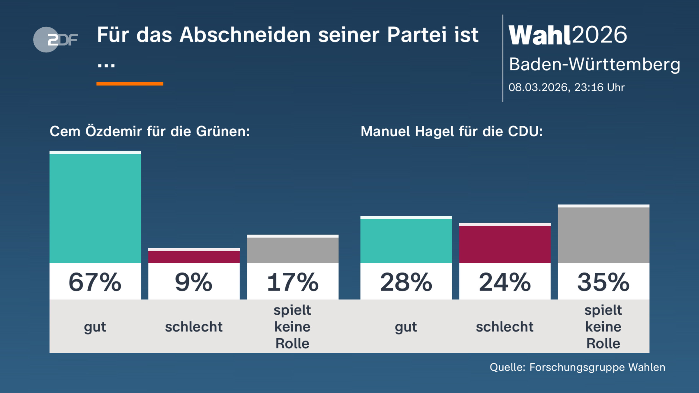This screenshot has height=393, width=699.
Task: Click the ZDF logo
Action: tap(55, 40)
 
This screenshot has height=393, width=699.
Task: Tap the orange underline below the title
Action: tap(130, 84)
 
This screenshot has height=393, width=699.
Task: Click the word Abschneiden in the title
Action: tap(245, 35)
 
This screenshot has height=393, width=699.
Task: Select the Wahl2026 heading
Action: tap(567, 35)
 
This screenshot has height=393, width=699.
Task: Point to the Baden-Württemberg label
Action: tap(594, 64)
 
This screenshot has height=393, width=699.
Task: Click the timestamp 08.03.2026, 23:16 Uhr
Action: tap(566, 87)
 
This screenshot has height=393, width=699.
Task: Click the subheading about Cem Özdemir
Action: tap(150, 131)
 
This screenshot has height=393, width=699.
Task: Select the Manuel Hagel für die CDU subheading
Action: tap(452, 131)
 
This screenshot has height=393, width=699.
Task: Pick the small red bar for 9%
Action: tap(194, 256)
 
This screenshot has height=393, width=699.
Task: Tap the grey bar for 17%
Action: tap(293, 249)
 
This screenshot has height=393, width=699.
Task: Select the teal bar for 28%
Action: tap(406, 240)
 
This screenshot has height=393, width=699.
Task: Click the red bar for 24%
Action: tap(505, 244)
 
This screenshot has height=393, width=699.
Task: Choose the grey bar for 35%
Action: tap(603, 234)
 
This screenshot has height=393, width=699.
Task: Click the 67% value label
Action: tap(95, 282)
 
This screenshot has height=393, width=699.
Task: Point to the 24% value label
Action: tap(505, 282)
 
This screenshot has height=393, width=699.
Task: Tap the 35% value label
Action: tap(603, 282)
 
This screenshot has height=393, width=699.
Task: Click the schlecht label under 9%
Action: tap(194, 327)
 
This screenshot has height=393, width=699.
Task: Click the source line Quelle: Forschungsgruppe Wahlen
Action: tap(577, 367)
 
